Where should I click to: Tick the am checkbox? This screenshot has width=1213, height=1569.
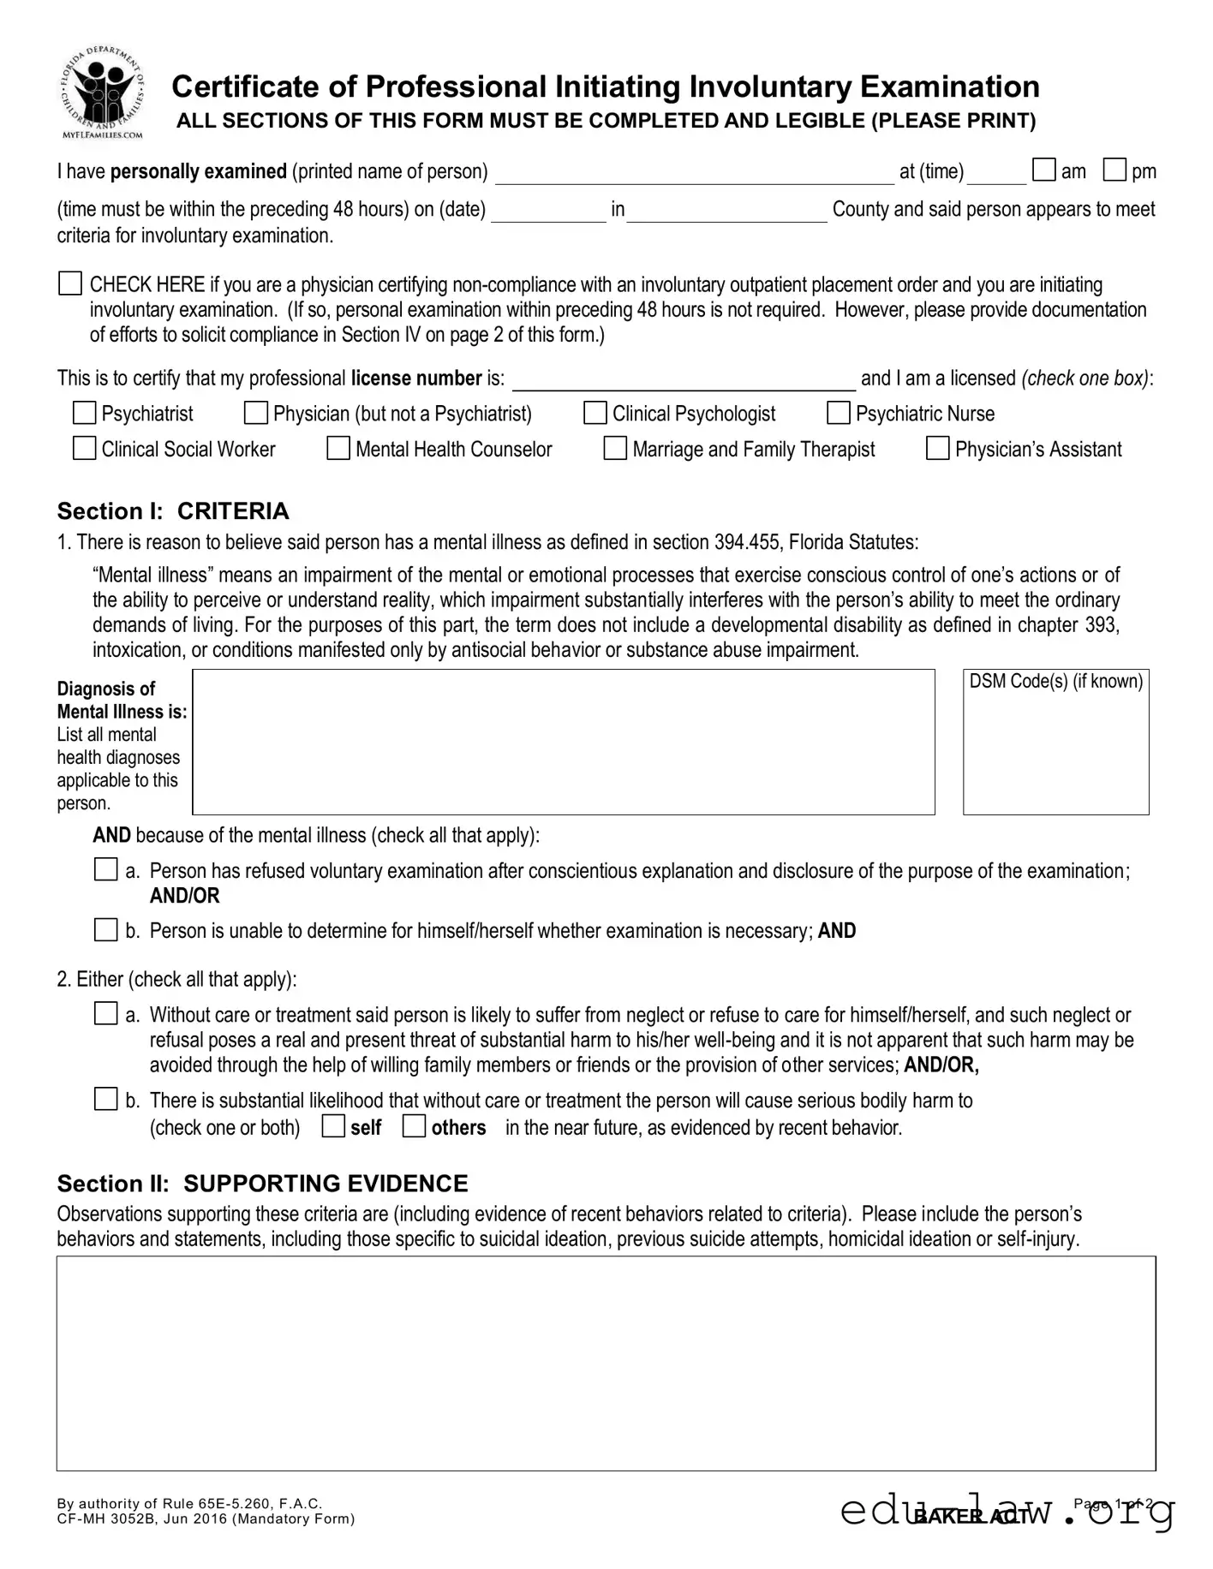[1043, 170]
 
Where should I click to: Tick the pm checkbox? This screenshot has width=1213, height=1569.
[1114, 170]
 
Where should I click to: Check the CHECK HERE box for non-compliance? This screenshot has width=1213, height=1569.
[70, 283]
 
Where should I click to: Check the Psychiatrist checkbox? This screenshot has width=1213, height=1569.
[84, 414]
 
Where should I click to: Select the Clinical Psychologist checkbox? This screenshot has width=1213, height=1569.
[595, 414]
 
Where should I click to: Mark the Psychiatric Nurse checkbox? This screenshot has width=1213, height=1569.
[838, 414]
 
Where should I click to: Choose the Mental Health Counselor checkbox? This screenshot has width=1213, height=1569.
[338, 449]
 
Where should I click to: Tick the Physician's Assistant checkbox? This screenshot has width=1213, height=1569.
[937, 449]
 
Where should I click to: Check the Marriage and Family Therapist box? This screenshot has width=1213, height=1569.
[615, 449]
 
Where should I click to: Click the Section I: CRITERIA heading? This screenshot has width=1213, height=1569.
[173, 511]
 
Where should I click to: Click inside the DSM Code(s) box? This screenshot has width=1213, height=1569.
[1055, 749]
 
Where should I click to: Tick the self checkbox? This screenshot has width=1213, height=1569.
[333, 1126]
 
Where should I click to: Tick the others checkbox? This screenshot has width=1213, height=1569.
[414, 1126]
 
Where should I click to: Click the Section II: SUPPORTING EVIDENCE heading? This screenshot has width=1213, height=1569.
[262, 1184]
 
